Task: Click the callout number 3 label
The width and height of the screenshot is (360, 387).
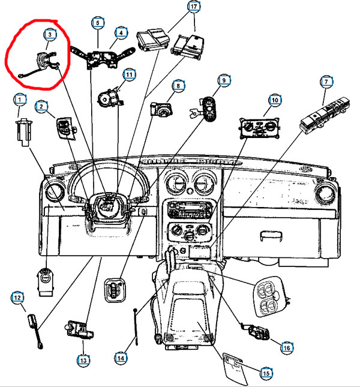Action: [50, 34]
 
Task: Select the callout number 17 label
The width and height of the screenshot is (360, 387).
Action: [194, 7]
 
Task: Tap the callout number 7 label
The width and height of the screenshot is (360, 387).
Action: [326, 82]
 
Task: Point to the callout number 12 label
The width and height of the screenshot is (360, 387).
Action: [17, 298]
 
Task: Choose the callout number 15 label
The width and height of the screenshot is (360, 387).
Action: [266, 373]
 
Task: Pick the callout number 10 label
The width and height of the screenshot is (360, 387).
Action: [275, 100]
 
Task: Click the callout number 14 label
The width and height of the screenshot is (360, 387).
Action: [121, 358]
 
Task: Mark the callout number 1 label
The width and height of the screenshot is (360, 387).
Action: [20, 100]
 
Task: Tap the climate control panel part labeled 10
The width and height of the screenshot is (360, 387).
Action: [259, 128]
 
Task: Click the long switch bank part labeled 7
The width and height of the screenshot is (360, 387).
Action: [325, 116]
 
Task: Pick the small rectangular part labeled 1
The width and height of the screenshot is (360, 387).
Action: [23, 132]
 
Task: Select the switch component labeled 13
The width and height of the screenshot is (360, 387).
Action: [80, 329]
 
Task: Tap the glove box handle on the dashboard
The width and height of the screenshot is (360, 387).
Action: [271, 236]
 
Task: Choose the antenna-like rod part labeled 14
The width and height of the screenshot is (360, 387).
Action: [136, 326]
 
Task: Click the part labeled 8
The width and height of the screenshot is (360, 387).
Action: [161, 110]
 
